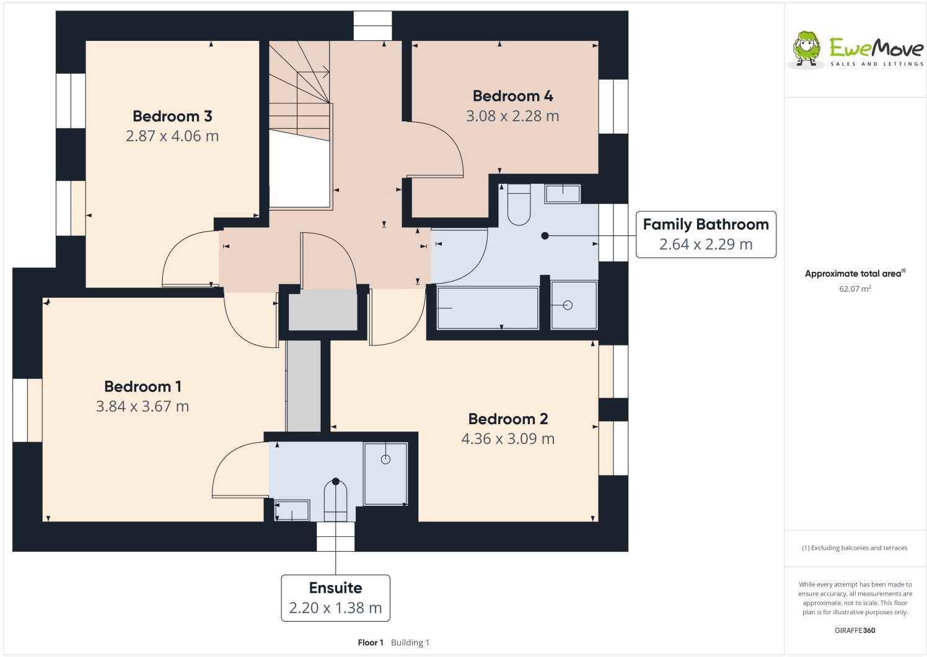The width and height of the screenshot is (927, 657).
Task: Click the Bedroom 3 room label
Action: point(172,116)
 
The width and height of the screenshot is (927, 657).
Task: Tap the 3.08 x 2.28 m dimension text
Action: point(512,116)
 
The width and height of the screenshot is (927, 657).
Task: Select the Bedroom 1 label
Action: point(143,386)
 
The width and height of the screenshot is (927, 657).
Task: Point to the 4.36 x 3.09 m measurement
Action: point(507,438)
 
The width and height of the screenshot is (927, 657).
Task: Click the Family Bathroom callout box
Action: point(706,235)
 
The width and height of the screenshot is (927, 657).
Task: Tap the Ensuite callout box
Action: point(335,598)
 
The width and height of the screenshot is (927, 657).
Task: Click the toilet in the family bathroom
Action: point(519,205)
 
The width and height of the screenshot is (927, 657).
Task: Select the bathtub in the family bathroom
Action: point(488,308)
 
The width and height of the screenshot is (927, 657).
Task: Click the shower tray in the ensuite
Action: point(385,474)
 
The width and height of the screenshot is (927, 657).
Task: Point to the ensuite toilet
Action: point(335,500)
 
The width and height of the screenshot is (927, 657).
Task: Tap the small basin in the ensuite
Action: point(292,511)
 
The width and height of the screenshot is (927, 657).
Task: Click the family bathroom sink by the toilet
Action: point(563,194)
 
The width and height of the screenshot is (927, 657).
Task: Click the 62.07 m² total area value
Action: point(855,289)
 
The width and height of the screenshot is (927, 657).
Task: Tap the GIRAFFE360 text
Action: point(855,630)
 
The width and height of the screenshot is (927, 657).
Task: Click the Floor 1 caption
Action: point(371,643)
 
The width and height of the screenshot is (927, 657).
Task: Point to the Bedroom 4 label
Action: point(512,97)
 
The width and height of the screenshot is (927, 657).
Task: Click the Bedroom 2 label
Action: point(507,419)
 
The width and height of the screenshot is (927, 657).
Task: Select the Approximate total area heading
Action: point(855,273)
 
